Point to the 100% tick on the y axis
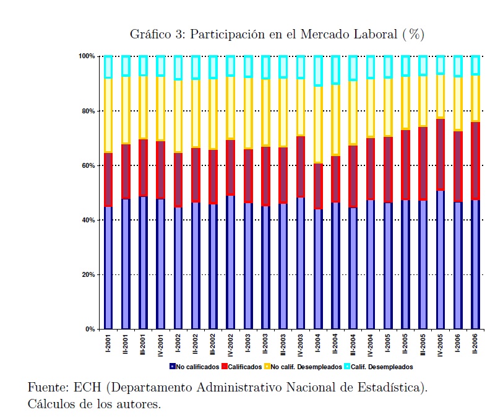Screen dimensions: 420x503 pyautogui.click(x=87, y=56)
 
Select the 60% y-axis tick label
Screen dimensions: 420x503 pyautogui.click(x=88, y=165)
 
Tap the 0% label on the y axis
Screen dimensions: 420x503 pyautogui.click(x=90, y=329)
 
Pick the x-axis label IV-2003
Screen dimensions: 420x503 pyautogui.click(x=301, y=344)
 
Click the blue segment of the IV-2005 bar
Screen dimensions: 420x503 pyautogui.click(x=441, y=260)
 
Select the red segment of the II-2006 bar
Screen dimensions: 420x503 pyautogui.click(x=476, y=161)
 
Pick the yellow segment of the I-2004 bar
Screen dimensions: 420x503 pyautogui.click(x=318, y=124)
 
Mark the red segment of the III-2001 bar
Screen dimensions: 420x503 pyautogui.click(x=144, y=168)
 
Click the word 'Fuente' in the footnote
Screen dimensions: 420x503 pyautogui.click(x=47, y=388)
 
